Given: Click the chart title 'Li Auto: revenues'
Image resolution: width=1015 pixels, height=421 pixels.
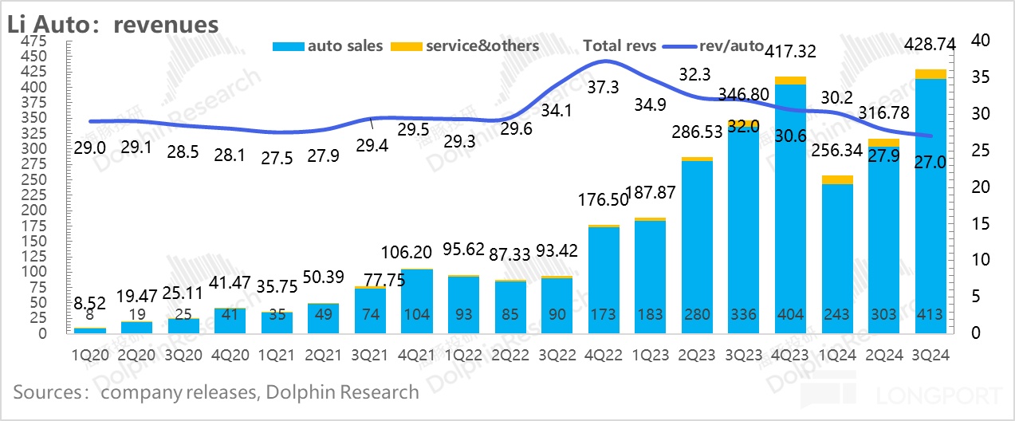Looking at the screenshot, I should point(112,24).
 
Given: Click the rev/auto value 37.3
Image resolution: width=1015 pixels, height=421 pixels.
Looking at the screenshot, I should point(603,88).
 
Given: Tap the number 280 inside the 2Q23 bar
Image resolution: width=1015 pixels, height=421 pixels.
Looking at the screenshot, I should point(696,314).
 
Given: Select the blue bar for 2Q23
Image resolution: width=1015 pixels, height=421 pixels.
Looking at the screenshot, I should point(696,239).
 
